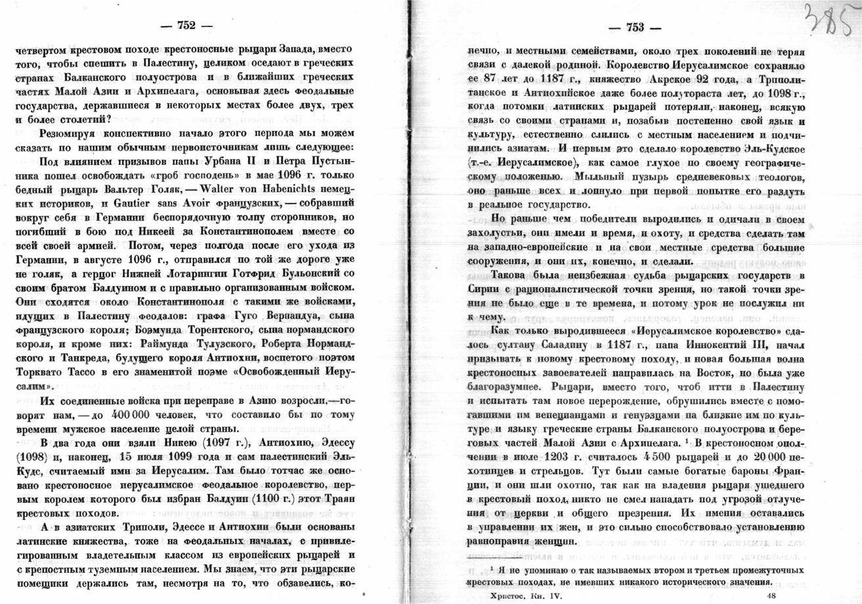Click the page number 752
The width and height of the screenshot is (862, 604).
point(187,26)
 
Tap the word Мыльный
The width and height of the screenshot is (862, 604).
point(596,177)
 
